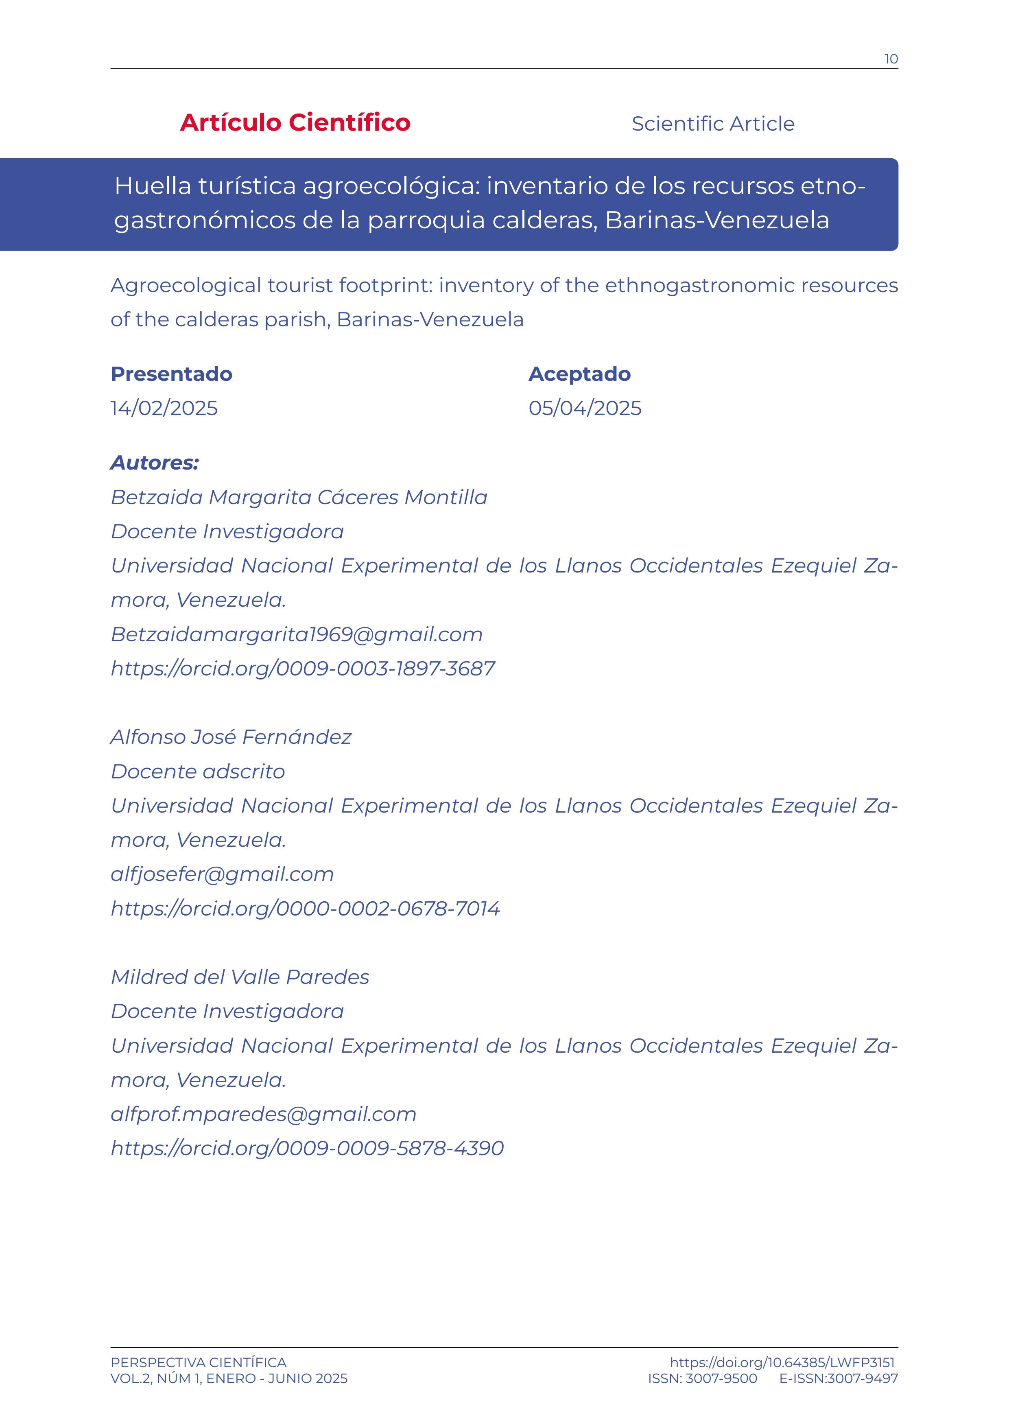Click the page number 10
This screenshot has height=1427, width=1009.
pos(891,59)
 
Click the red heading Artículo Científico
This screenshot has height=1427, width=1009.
pos(295,122)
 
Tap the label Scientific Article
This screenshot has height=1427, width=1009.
pos(713,124)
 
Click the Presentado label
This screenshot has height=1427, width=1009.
pos(171,374)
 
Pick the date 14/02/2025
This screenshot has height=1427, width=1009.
pos(164,409)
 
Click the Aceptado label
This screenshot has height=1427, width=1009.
pos(579,374)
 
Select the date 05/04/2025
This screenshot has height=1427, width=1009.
pos(585,409)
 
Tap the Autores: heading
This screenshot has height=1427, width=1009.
pos(155,462)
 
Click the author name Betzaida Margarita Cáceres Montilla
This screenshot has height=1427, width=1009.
pos(299,497)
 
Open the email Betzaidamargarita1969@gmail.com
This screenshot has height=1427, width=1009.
pos(296,635)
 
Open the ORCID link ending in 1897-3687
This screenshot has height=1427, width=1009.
pos(303,669)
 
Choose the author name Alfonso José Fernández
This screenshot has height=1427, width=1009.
pos(231,737)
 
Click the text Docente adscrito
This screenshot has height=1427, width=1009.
pos(198,771)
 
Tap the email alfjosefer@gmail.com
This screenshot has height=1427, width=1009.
pos(222,874)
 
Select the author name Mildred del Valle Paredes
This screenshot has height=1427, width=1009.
pos(240,977)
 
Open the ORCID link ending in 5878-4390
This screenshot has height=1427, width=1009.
pos(307,1149)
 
